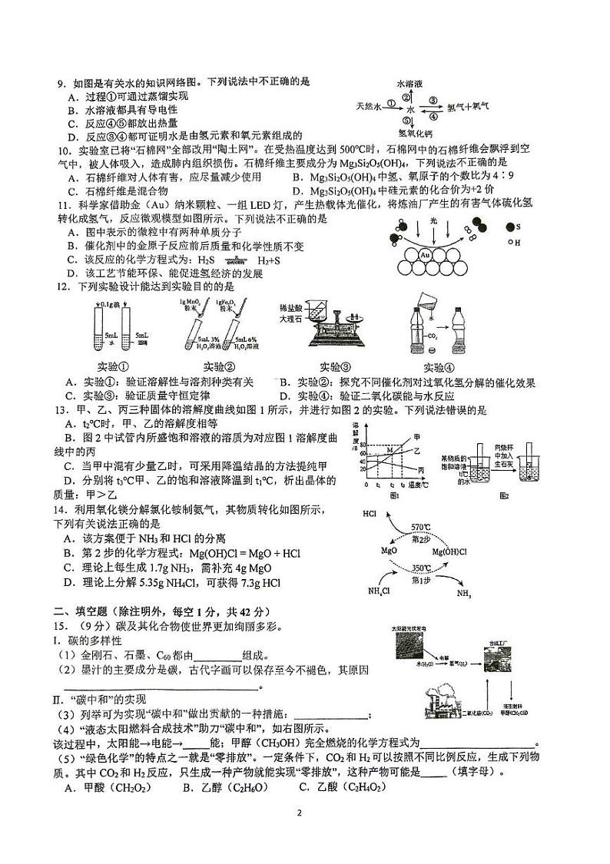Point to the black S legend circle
click(x=509, y=227)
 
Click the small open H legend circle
click(x=509, y=242)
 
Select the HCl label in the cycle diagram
click(x=369, y=513)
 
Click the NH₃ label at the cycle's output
click(x=464, y=594)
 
